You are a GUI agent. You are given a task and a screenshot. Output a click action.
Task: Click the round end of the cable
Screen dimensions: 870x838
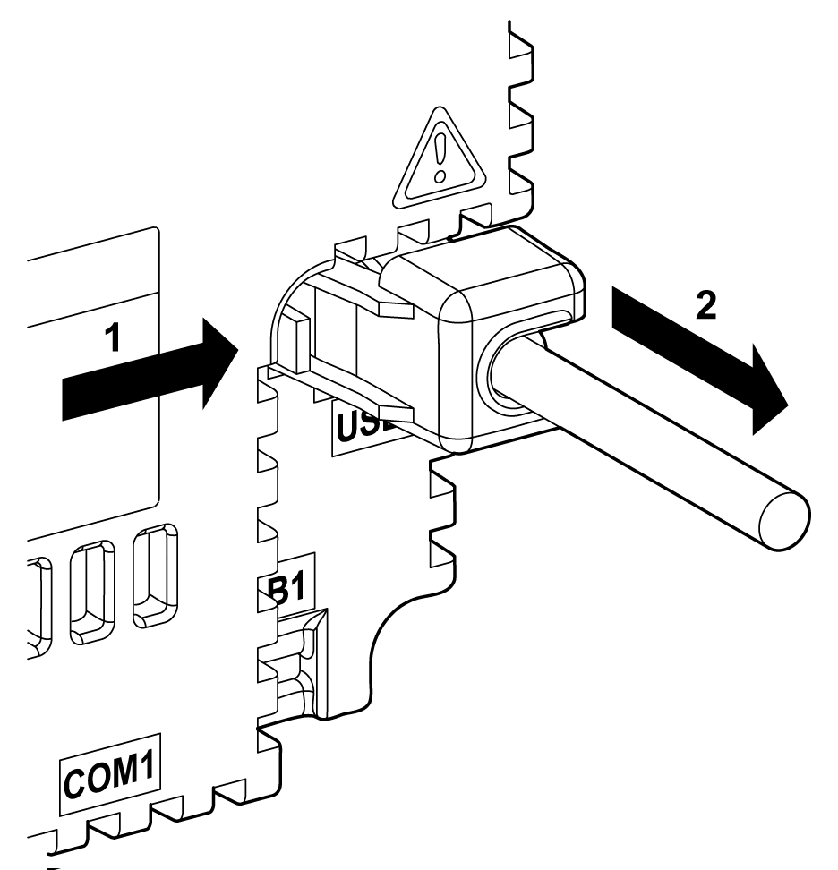click(x=782, y=519)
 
